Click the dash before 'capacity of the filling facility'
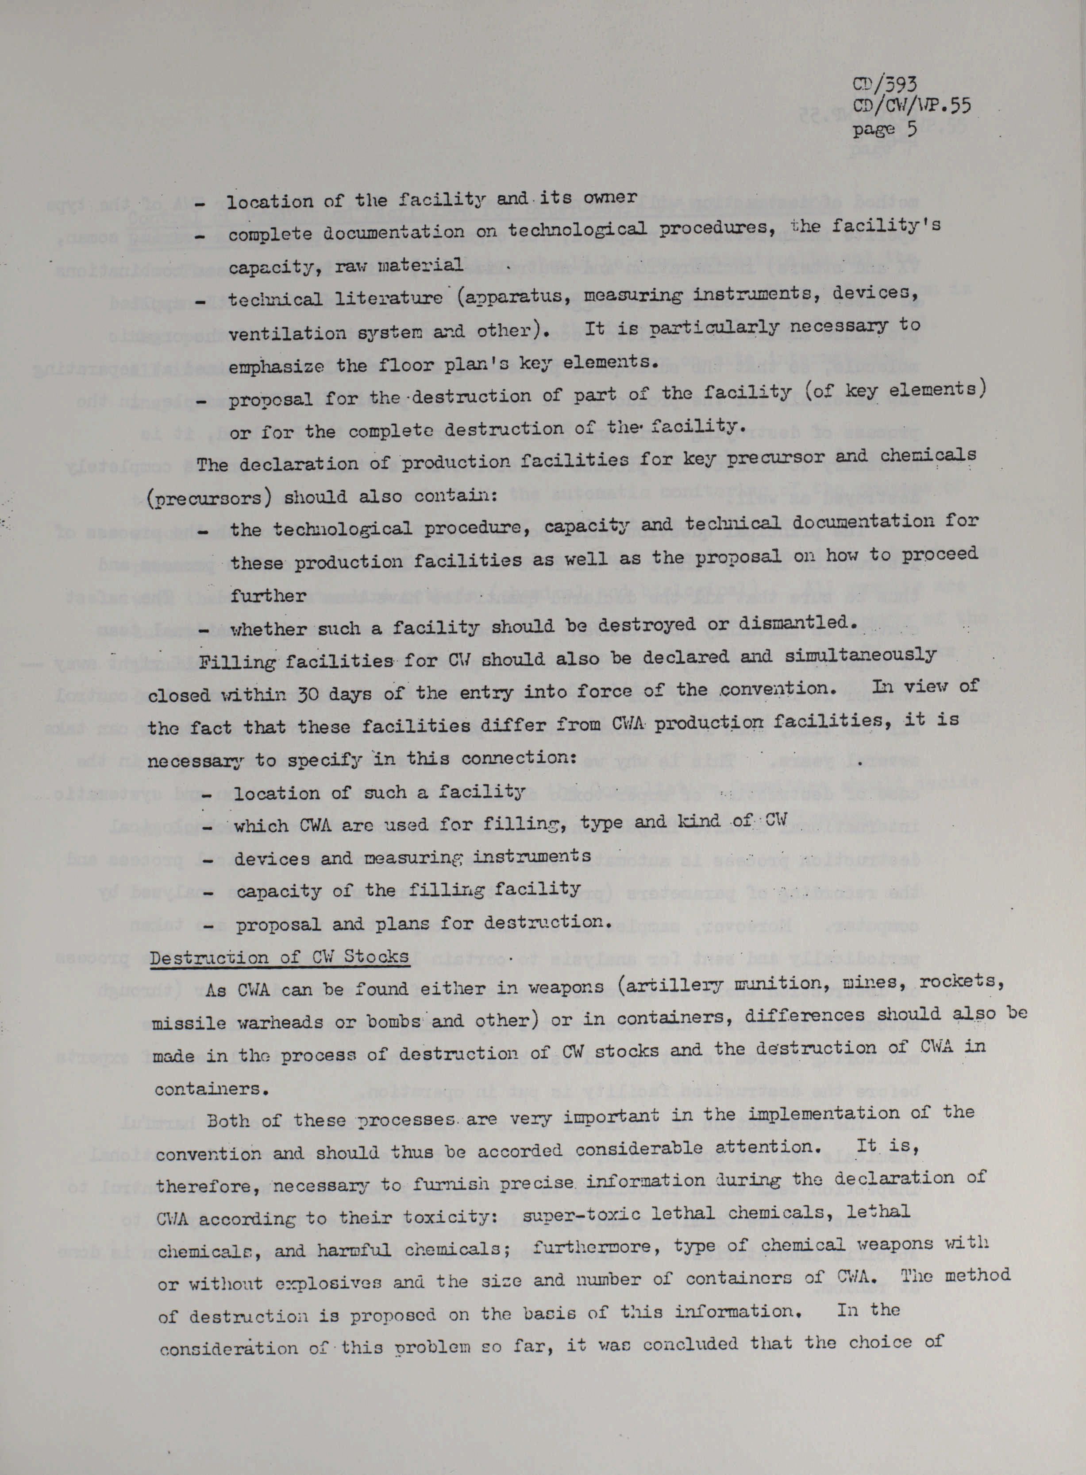coord(208,893)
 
